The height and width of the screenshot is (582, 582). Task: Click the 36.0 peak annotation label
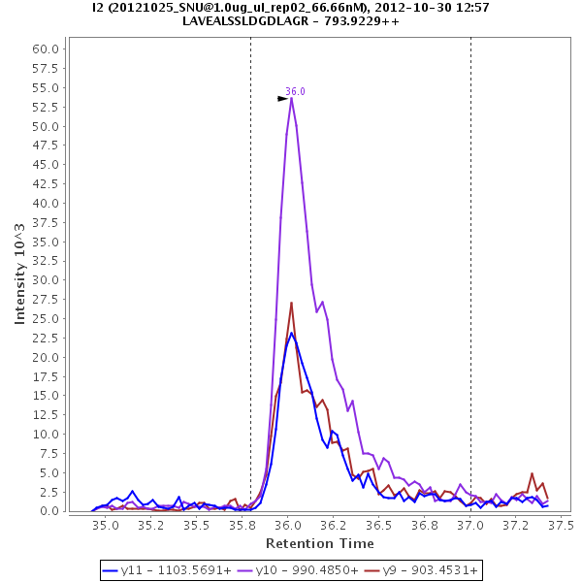295,91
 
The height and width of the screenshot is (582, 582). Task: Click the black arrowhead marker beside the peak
282,98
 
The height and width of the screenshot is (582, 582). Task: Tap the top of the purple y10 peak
291,97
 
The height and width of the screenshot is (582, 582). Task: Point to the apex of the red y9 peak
291,303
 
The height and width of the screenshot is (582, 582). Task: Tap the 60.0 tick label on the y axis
48,49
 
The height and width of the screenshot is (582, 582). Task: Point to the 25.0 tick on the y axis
48,319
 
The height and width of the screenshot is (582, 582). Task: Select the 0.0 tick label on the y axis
51,511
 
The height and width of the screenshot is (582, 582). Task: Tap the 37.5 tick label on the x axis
562,525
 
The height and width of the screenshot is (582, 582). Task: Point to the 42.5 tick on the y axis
48,184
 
